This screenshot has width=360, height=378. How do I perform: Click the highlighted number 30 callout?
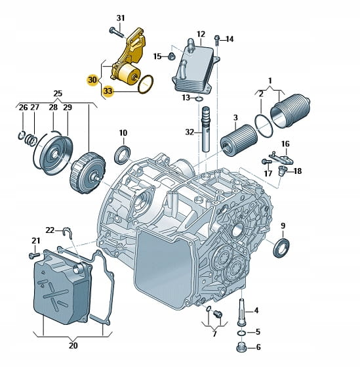[x=92, y=79]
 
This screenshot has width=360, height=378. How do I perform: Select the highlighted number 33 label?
[x=108, y=91]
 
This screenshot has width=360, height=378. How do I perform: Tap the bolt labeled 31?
[x=116, y=33]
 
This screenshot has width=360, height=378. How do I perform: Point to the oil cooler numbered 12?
[x=195, y=66]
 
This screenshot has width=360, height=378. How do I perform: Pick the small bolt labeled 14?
[x=217, y=40]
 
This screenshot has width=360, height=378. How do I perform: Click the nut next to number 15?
[x=171, y=56]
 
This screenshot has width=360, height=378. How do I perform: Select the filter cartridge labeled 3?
[x=239, y=140]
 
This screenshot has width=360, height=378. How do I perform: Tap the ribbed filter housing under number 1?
[x=290, y=112]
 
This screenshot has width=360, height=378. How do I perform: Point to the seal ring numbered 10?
[x=123, y=154]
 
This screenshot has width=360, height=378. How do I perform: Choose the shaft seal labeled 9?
[x=281, y=247]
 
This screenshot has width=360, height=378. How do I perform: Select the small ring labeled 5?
[x=242, y=333]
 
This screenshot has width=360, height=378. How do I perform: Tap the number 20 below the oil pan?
[x=73, y=345]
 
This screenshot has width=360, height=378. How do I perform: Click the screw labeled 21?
[x=34, y=255]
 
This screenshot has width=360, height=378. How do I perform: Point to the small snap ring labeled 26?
[x=22, y=136]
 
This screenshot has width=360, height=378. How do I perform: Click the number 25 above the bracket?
[x=58, y=94]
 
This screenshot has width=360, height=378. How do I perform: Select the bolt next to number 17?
[x=266, y=161]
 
